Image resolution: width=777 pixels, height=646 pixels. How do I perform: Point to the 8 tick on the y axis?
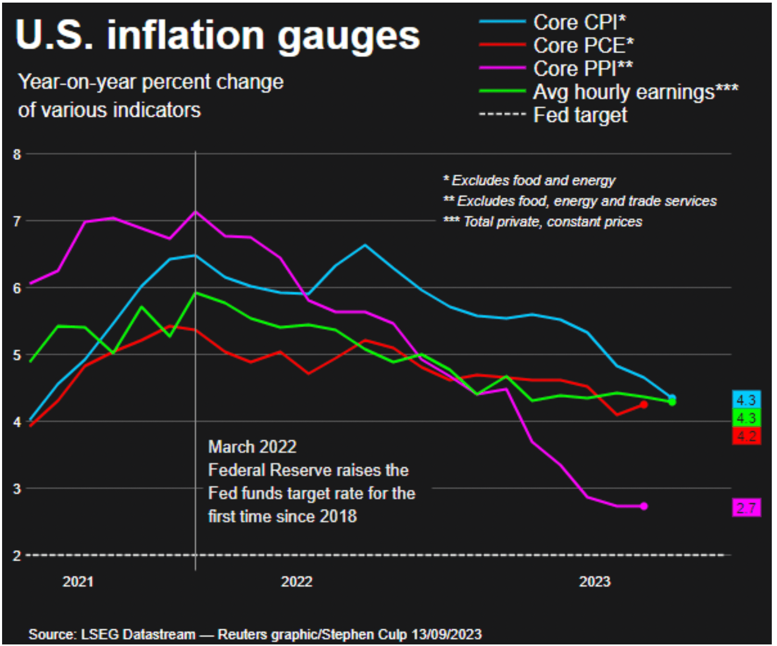(x=17, y=154)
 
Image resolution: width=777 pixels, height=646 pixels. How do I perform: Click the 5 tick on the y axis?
(x=17, y=355)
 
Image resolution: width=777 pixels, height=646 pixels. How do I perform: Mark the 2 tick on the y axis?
(x=17, y=555)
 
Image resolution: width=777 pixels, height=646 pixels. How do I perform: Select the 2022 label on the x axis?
(x=296, y=581)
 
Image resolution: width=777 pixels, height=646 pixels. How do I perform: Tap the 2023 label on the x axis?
(x=594, y=581)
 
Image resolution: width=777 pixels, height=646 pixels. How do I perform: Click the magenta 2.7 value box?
(x=746, y=507)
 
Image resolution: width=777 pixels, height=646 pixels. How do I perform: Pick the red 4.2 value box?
(x=746, y=436)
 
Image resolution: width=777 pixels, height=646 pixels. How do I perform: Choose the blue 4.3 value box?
(x=746, y=400)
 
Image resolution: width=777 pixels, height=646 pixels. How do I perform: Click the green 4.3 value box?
(x=746, y=418)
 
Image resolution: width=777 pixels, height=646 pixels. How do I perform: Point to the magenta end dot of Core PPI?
(x=644, y=506)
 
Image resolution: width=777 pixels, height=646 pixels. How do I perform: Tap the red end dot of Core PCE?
(x=644, y=404)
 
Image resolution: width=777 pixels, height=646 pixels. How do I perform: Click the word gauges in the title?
(x=348, y=36)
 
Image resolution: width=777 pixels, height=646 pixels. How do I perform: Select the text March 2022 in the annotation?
(x=252, y=447)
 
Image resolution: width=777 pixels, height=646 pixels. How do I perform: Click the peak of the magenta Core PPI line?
(x=195, y=212)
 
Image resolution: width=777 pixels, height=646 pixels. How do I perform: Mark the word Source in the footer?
(x=51, y=634)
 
